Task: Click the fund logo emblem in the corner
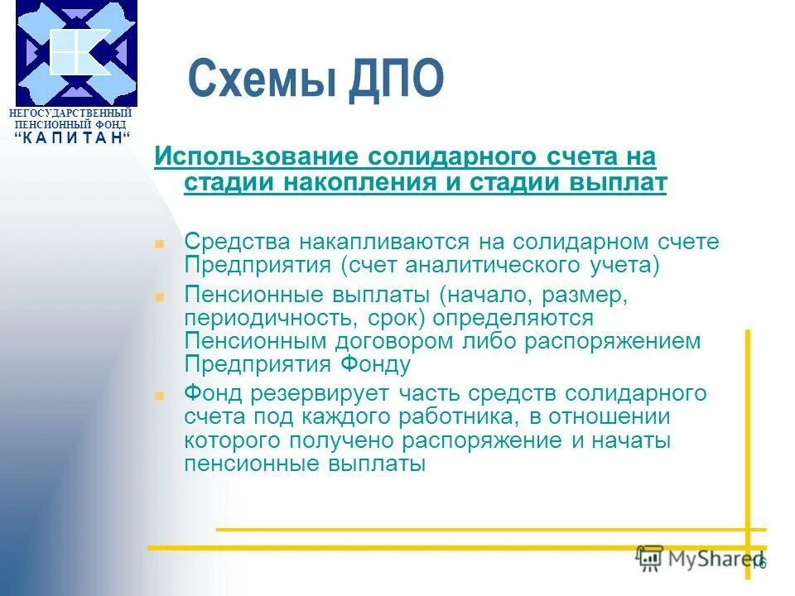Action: pos(76,53)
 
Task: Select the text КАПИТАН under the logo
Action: pos(73,137)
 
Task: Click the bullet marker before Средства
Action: pos(161,244)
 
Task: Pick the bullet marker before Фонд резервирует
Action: pos(161,395)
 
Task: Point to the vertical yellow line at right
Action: pos(747,430)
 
